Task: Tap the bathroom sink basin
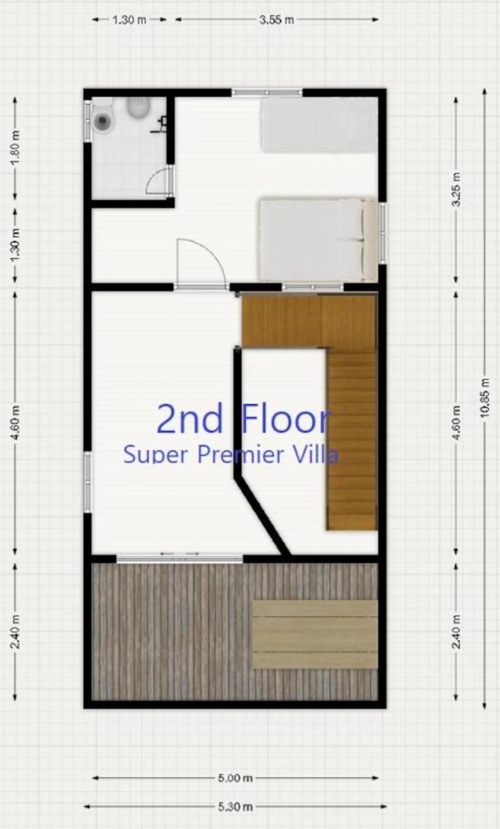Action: pos(138,108)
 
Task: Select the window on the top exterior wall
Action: pos(267,92)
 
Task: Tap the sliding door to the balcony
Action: pos(179,558)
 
